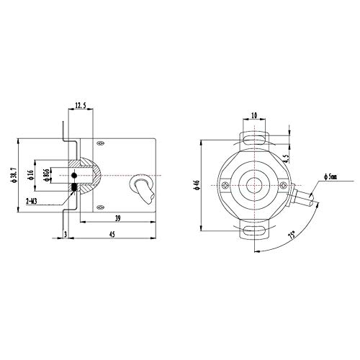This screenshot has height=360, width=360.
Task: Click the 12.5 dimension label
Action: [81, 105]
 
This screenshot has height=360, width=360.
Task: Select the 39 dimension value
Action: [117, 218]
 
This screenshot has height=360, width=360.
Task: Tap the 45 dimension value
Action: [112, 234]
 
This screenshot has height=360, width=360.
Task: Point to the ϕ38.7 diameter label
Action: [14, 175]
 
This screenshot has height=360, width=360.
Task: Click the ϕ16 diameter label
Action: [30, 175]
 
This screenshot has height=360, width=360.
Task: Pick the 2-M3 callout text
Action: [31, 202]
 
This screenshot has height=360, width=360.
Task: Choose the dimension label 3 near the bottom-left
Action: [66, 234]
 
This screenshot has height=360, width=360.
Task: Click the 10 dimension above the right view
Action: [254, 115]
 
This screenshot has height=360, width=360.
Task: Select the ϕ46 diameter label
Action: [197, 185]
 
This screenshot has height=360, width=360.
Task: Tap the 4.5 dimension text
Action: [286, 158]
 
